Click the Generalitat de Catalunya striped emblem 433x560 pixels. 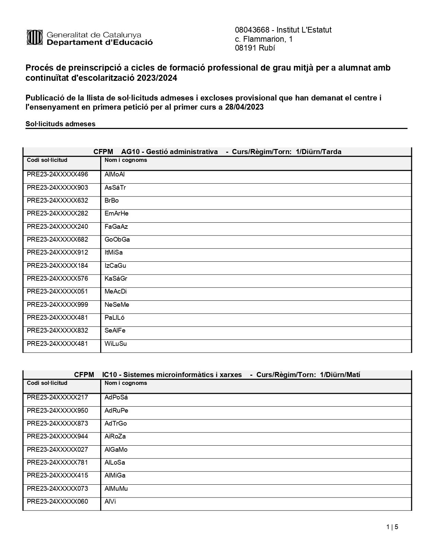[34, 38]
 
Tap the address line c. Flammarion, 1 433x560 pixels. [264, 39]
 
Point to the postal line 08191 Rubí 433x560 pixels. [255, 48]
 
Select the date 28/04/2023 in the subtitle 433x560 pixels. [244, 107]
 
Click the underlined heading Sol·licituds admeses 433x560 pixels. [60, 124]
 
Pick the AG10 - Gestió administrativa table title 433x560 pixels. [169, 152]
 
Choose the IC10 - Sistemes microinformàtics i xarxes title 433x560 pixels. [172, 375]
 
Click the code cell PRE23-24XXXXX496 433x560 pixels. [57, 174]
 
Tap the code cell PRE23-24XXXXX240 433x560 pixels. [57, 227]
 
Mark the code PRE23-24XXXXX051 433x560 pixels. [57, 292]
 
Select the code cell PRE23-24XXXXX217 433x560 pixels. [57, 397]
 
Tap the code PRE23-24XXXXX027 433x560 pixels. [57, 450]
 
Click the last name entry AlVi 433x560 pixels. [110, 502]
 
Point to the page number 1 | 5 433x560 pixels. [392, 527]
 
